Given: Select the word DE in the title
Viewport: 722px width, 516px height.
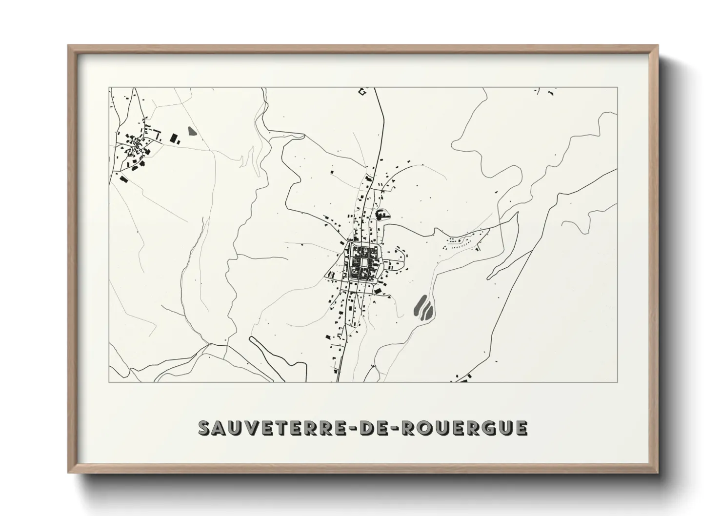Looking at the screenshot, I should pos(372,428).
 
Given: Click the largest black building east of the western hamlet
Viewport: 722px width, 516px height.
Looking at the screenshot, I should pos(173,138).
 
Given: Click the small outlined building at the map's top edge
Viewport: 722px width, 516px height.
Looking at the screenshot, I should pos(362,92).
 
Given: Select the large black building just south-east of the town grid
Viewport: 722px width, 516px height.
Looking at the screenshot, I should pos(378,291).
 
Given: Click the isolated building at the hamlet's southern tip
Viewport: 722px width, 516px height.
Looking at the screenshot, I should pos(123,179).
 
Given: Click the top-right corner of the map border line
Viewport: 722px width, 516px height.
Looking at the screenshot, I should pos(617,88).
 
